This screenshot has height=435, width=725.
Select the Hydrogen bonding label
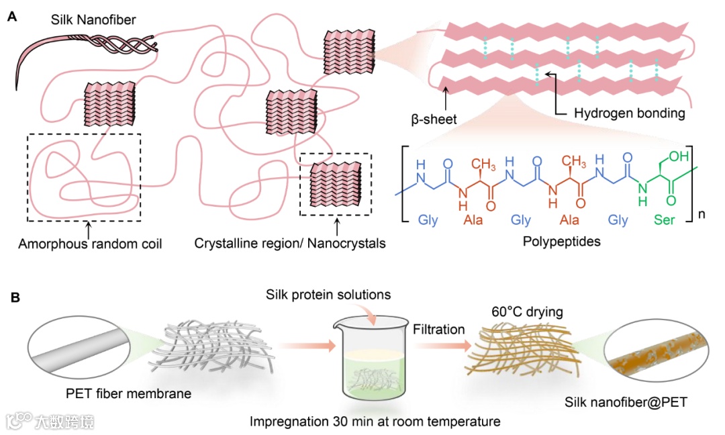tap(629, 113)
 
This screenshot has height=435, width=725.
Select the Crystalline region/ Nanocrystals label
tap(290, 243)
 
